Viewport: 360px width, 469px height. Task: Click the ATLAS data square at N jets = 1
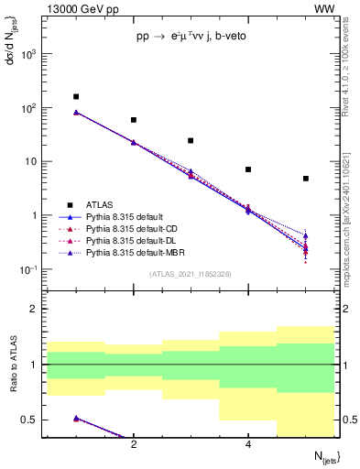(x=76, y=96)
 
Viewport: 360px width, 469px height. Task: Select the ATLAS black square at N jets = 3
(x=191, y=140)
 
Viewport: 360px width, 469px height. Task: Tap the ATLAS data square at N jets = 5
(x=306, y=179)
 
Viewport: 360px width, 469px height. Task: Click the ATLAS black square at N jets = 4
(x=248, y=169)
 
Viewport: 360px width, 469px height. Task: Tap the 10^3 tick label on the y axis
(x=32, y=54)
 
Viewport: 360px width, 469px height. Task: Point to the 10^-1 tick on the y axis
(x=32, y=269)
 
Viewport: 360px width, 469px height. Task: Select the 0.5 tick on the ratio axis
(x=34, y=420)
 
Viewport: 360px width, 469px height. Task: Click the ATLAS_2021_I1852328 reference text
(x=190, y=274)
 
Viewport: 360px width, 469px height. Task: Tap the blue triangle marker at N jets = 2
(x=134, y=142)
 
